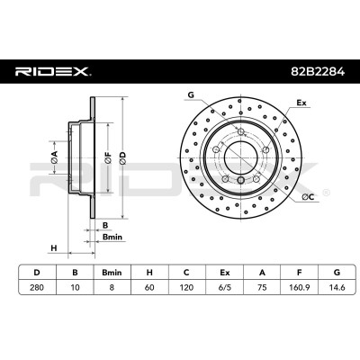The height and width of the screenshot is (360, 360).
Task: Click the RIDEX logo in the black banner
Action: pyautogui.click(x=53, y=72)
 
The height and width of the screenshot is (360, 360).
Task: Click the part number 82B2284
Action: pyautogui.click(x=318, y=72)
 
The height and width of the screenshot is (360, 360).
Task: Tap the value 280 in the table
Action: pyautogui.click(x=37, y=287)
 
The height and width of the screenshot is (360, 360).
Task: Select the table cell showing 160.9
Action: pyautogui.click(x=299, y=287)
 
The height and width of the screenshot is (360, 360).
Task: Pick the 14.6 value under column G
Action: pyautogui.click(x=337, y=287)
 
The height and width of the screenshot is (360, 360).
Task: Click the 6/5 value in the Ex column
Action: pyautogui.click(x=224, y=287)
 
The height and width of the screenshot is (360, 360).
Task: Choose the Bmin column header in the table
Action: pyautogui.click(x=112, y=273)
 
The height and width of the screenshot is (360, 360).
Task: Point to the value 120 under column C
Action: pyautogui.click(x=186, y=287)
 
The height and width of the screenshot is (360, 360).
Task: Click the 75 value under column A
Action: pyautogui.click(x=262, y=287)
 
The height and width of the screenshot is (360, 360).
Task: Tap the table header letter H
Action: pyautogui.click(x=149, y=273)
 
